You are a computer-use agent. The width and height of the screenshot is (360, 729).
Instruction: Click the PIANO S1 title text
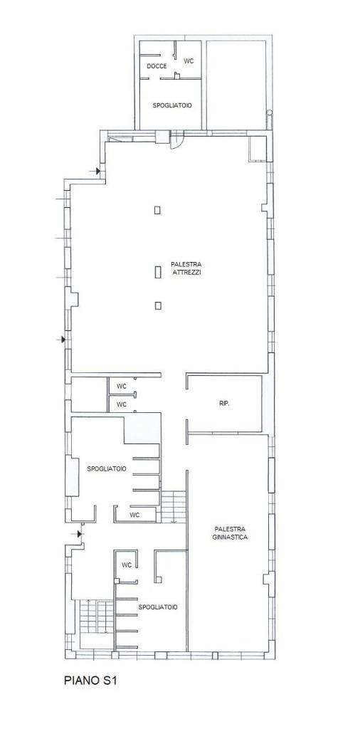pyautogui.click(x=90, y=681)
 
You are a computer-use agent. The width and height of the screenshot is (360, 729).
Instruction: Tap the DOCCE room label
pyautogui.click(x=157, y=66)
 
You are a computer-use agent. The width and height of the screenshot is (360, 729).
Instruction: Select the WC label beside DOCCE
pyautogui.click(x=189, y=61)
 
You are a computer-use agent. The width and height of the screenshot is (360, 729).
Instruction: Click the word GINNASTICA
pyautogui.click(x=231, y=537)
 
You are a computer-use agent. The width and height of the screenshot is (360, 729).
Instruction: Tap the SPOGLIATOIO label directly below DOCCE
pyautogui.click(x=172, y=105)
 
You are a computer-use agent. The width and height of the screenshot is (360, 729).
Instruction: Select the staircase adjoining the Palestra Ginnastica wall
pyautogui.click(x=174, y=506)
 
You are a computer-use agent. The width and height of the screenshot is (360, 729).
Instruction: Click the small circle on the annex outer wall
pyautogui.click(x=269, y=112)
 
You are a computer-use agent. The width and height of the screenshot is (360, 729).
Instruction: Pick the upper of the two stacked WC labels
pyautogui.click(x=122, y=387)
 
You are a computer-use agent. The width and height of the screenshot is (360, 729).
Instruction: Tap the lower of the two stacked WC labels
pyautogui.click(x=122, y=404)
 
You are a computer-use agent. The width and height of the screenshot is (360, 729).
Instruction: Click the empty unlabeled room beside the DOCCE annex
pyautogui.click(x=235, y=85)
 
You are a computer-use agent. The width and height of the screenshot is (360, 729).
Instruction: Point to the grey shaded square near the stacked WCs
pyautogui.click(x=142, y=428)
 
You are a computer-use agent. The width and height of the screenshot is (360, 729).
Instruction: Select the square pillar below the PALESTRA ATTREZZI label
pyautogui.click(x=158, y=305)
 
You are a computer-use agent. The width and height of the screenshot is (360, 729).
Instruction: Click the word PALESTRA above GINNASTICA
pyautogui.click(x=231, y=529)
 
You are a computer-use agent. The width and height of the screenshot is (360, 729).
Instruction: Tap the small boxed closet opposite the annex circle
pyautogui.click(x=258, y=149)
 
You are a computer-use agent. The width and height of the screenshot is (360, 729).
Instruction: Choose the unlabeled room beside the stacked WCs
pyautogui.click(x=89, y=394)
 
